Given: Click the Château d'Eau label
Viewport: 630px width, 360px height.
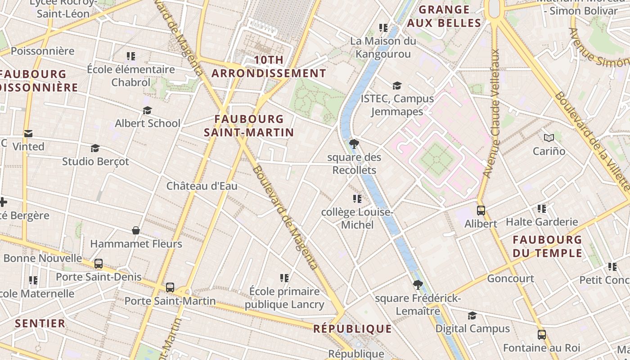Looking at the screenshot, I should [202, 186].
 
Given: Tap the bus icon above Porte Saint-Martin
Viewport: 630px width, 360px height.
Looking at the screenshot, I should [170, 287].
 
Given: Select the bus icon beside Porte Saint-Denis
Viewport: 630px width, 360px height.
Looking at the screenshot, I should [99, 264].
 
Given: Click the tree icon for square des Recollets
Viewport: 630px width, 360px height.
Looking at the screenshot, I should [354, 144].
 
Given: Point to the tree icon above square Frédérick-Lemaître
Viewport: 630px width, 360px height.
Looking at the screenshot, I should [418, 284].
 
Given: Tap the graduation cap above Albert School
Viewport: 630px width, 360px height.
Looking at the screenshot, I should [147, 110].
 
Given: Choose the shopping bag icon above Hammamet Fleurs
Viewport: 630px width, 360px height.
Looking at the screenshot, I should [136, 230].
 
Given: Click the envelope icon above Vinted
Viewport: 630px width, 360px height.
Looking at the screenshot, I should [28, 134].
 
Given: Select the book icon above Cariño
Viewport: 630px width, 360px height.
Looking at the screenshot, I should [549, 138].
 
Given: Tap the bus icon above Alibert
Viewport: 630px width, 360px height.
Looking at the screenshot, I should [481, 210].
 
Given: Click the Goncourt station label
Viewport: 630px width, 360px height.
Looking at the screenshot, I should [511, 279].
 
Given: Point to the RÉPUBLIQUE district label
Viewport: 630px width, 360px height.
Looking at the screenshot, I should [352, 328].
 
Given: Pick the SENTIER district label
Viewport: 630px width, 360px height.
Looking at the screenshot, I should [40, 323].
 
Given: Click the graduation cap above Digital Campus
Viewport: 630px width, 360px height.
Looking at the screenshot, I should [472, 315].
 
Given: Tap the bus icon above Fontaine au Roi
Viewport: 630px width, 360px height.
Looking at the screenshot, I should [542, 335].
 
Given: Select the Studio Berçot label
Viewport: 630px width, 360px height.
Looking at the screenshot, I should [95, 161].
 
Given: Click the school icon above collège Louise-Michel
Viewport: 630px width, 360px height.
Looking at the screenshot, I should [357, 198].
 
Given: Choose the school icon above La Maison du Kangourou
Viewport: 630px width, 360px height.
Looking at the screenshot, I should [383, 28].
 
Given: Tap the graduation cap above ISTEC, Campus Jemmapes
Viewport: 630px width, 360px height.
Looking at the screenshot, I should [397, 85].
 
